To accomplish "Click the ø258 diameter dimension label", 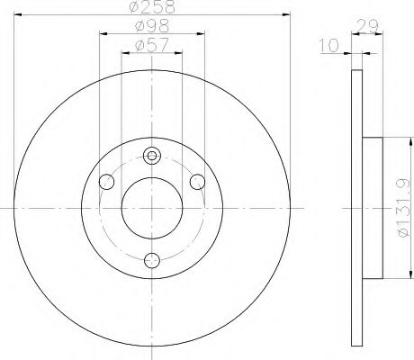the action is coord(152,6).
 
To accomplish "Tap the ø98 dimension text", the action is coord(152,26).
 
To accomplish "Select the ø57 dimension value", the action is coord(152,46).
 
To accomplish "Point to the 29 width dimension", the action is coord(367,26).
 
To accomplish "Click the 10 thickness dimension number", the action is coord(328,46).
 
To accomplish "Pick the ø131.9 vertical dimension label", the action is coord(403,208).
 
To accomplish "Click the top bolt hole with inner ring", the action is coord(152,156).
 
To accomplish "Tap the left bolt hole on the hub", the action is coord(106,182).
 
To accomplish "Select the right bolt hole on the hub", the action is coord(198,182).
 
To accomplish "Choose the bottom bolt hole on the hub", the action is coord(152,261).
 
